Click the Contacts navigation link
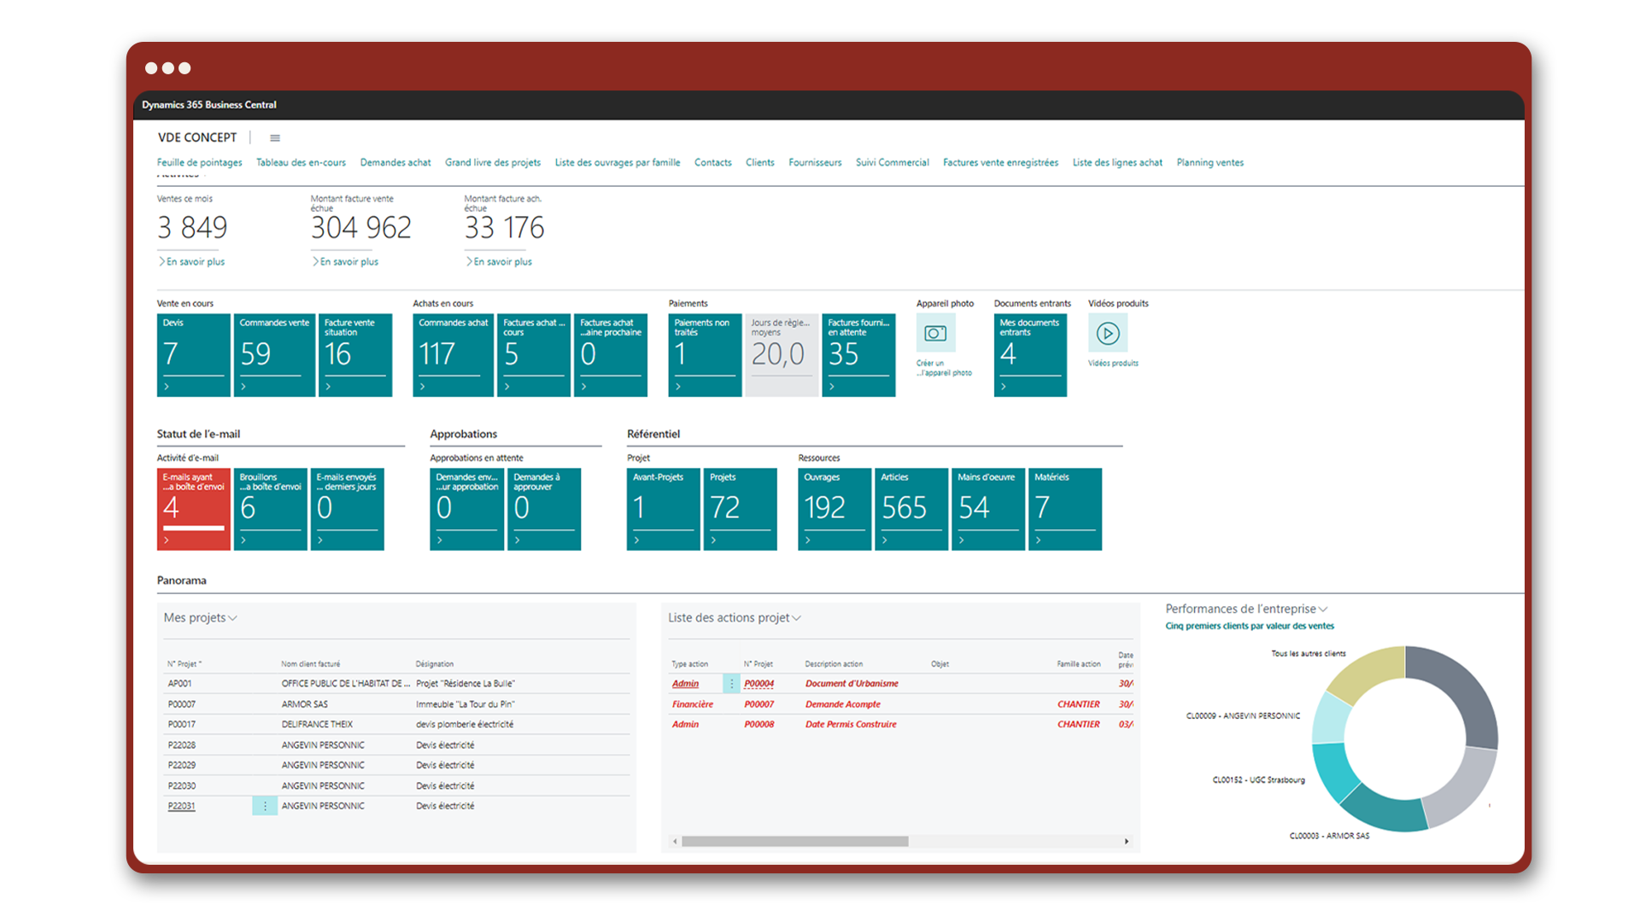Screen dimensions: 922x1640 coord(712,162)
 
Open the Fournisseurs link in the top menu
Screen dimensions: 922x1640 coord(815,162)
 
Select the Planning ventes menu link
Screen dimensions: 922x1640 coord(1209,162)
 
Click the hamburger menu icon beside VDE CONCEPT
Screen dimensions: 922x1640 coord(275,138)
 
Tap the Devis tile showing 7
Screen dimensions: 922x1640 coord(193,355)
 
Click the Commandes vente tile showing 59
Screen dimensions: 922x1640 coord(274,355)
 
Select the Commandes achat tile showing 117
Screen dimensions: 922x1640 coord(453,355)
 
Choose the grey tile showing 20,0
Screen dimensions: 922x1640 coord(781,355)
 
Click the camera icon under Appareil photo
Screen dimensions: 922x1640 coord(935,333)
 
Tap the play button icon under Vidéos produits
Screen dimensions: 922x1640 coord(1108,333)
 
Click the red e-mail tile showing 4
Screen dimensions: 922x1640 coord(193,509)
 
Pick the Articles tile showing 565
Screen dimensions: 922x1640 coord(911,509)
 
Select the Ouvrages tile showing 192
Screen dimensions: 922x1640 coord(834,509)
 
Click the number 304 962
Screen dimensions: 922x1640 coord(361,228)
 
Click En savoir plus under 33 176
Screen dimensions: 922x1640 coord(502,262)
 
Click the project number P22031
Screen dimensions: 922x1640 coord(181,806)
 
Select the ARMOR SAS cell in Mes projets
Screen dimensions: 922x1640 coord(305,704)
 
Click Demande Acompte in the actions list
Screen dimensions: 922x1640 coord(842,704)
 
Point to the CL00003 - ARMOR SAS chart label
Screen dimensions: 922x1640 coord(1329,836)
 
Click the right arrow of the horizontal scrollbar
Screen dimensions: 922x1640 coord(1127,842)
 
